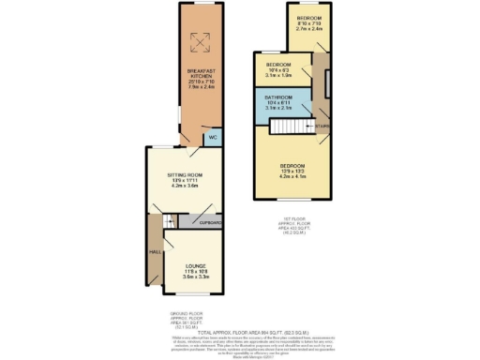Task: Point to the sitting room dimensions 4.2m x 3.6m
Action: tap(182, 186)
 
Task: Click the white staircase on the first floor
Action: tap(321, 121)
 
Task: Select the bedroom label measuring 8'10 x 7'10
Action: tap(309, 19)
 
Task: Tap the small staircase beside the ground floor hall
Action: tap(169, 221)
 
